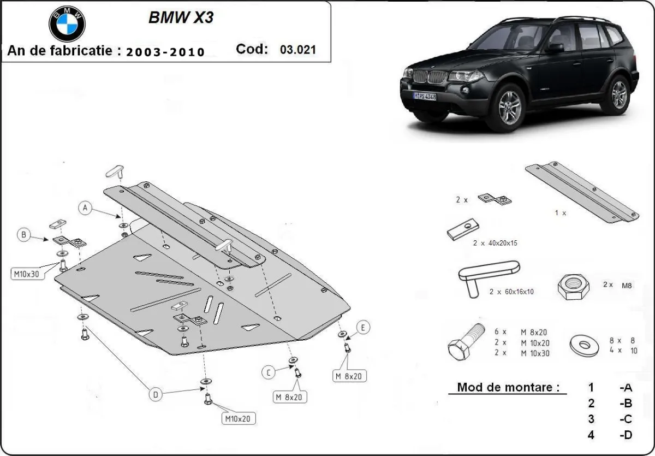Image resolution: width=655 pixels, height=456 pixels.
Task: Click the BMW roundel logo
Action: (x=68, y=24)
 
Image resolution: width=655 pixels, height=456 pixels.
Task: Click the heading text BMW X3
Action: (x=181, y=17)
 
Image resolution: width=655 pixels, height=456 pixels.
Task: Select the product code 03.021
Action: (x=297, y=50)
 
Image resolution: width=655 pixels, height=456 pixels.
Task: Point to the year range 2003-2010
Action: (x=165, y=52)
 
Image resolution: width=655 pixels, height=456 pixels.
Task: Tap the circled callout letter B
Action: (x=23, y=235)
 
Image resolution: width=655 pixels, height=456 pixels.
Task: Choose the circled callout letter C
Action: (x=268, y=373)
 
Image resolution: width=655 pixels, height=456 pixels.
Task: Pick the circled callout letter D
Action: (x=156, y=394)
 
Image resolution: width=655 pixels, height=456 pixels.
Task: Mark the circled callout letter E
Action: (x=363, y=327)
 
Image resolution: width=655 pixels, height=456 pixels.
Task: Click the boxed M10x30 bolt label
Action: (x=26, y=274)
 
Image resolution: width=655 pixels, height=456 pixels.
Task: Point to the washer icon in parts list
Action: (x=585, y=345)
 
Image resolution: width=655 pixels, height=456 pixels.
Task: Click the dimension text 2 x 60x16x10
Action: (x=511, y=292)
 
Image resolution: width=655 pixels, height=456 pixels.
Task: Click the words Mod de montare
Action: (x=508, y=387)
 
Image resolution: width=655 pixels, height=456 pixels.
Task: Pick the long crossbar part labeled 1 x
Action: (x=582, y=192)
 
